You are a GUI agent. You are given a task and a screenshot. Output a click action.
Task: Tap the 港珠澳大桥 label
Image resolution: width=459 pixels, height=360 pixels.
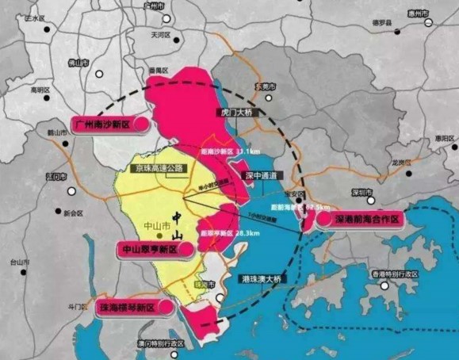point(262,279)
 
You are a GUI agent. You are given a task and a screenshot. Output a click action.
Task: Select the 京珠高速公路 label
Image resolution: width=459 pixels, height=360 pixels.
point(159,168)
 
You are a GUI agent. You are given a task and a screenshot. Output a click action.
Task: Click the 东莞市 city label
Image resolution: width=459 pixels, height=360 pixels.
point(265,86)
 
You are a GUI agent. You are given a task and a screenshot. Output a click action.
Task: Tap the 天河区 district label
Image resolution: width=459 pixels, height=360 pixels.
point(162,36)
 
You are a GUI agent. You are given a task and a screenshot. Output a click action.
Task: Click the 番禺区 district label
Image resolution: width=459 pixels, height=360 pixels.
point(161,71)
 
